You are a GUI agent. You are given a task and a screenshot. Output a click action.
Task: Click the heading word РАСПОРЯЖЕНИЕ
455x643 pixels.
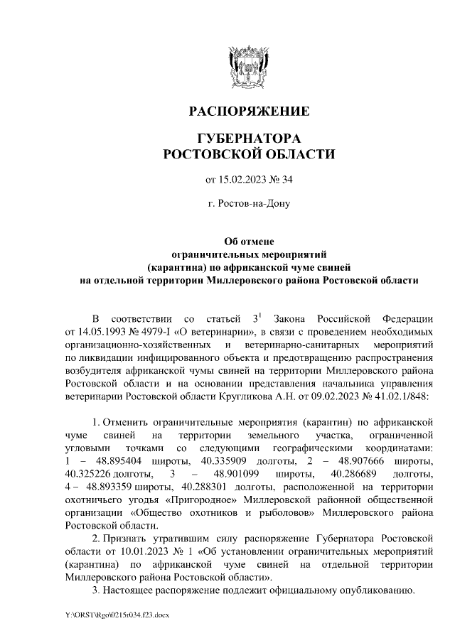coord(248,112)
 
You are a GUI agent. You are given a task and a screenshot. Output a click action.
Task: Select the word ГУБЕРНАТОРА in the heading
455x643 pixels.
coord(248,138)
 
